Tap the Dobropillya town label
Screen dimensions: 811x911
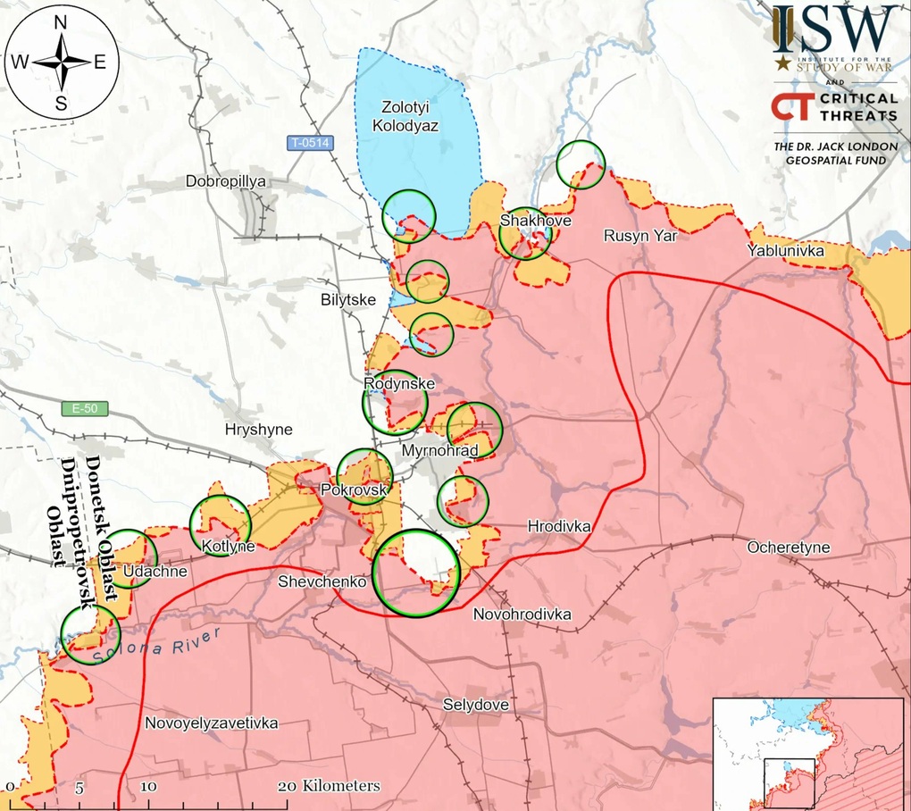point(226,181)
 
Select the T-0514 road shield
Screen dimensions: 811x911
point(309,142)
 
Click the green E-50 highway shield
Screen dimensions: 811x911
point(85,409)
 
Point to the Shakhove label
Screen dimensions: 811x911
point(536,221)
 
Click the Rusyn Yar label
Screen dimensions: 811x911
point(640,236)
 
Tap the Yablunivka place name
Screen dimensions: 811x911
point(786,251)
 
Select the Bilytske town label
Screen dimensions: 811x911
point(348,300)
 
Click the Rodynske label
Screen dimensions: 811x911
point(399,384)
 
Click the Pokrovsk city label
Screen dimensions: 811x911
point(354,490)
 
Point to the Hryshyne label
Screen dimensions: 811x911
point(259,430)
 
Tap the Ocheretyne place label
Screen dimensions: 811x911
point(789,548)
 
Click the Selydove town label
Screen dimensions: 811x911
point(476,705)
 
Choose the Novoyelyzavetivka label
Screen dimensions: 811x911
point(211,723)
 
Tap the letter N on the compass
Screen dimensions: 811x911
point(62,24)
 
